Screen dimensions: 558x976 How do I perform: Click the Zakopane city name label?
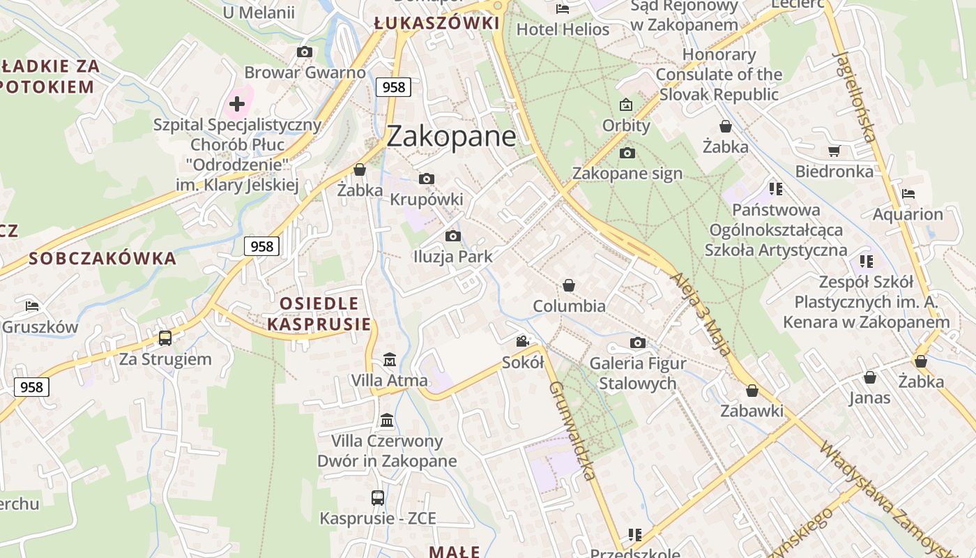pos(451,136)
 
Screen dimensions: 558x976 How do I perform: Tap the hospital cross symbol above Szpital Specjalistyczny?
pos(237,105)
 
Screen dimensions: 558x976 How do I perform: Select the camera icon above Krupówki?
pos(427,179)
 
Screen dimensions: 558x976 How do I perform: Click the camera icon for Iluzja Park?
pos(453,236)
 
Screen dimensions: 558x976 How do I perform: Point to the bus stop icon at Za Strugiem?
pos(165,338)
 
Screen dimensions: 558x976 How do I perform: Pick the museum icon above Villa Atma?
pos(390,360)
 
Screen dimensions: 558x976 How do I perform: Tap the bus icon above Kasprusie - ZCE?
pos(377,498)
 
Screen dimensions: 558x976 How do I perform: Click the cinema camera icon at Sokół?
pos(522,342)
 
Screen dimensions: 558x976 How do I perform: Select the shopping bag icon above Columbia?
pos(569,285)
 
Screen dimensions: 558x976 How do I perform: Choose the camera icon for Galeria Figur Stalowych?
pos(637,342)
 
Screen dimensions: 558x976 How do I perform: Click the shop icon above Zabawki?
pos(752,391)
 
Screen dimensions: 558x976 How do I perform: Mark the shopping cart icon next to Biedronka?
pos(834,151)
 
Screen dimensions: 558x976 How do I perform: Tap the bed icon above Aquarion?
pos(908,194)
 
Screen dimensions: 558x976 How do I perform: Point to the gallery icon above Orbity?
pos(626,105)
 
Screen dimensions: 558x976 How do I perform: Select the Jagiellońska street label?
pos(855,96)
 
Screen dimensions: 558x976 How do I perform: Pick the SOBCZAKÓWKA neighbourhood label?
pos(102,259)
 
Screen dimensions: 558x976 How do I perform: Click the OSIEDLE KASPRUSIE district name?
pos(319,314)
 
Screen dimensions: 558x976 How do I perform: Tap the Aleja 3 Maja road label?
pos(702,314)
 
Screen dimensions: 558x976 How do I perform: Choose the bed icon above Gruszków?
pos(32,306)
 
